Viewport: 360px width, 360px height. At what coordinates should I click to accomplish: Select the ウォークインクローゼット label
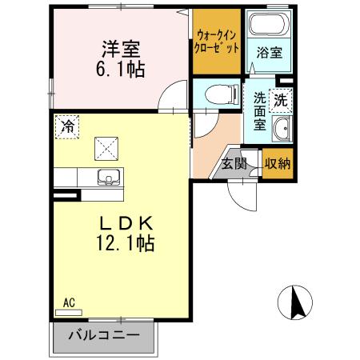(215, 41)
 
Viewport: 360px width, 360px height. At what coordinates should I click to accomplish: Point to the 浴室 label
(269, 54)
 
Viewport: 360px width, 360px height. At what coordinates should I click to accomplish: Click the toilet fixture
(220, 94)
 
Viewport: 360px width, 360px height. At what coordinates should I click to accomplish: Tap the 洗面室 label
(260, 113)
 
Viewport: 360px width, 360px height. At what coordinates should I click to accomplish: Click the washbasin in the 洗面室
(282, 129)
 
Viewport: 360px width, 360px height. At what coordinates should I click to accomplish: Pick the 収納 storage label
(277, 164)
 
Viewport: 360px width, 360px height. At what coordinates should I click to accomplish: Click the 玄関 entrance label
(234, 165)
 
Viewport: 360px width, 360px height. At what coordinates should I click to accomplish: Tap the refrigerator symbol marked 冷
(68, 126)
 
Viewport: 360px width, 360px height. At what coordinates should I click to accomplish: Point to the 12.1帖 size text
(121, 241)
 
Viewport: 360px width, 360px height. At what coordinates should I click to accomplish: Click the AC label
(69, 302)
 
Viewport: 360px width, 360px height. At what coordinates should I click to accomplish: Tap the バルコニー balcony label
(103, 335)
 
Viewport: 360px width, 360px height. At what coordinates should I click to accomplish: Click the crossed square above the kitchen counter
(106, 147)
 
